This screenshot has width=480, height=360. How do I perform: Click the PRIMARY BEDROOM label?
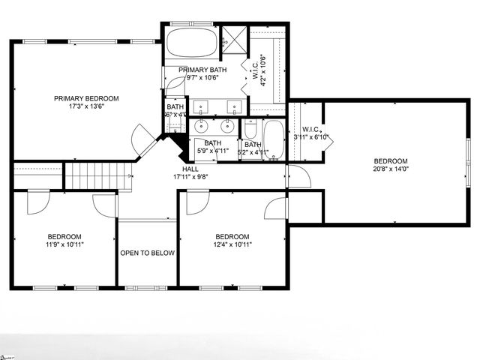86,98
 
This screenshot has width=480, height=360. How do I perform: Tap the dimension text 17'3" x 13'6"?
86,106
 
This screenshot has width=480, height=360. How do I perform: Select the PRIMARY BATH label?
202,70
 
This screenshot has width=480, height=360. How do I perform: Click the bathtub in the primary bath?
191,43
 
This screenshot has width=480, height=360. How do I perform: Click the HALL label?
190,169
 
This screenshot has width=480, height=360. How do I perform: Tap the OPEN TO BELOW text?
147,253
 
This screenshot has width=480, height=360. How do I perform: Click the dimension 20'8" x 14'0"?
391,169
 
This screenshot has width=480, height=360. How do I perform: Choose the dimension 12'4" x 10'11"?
232,244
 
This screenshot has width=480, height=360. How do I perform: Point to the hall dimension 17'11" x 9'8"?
190,178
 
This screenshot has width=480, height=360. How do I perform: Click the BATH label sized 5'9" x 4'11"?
213,143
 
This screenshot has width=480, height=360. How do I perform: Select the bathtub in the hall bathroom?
274,140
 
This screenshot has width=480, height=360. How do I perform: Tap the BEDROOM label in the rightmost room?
391,160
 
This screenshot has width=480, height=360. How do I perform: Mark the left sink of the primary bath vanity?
199,106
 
